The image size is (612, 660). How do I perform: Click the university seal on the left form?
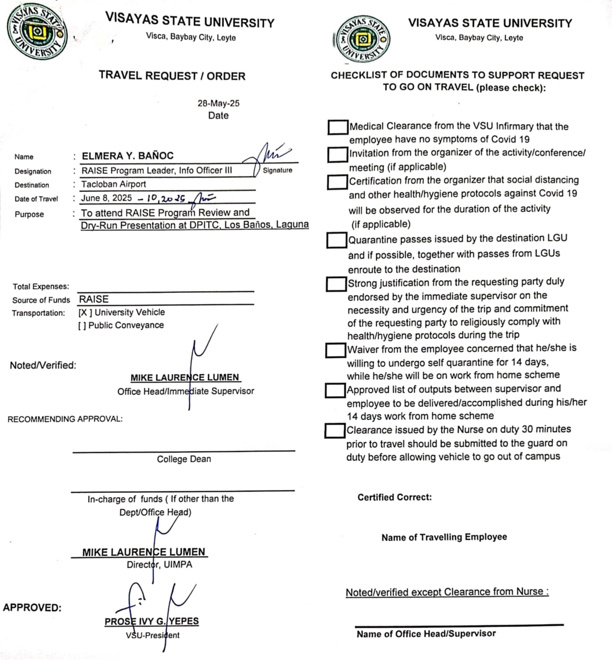(37, 32)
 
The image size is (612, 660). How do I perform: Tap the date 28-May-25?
(218, 103)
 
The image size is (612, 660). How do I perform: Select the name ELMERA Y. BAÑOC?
(127, 156)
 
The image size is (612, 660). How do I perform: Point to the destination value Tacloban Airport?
(114, 184)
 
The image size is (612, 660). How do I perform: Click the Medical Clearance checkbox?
(338, 127)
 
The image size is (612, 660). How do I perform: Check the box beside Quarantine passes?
(336, 240)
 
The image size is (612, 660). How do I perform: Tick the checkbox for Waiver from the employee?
(335, 350)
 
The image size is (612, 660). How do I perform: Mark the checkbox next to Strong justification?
(336, 284)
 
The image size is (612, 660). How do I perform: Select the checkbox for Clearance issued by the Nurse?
(335, 431)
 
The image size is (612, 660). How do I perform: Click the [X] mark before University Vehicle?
(85, 313)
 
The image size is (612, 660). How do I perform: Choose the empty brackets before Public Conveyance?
(82, 326)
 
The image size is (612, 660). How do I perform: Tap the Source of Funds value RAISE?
(94, 299)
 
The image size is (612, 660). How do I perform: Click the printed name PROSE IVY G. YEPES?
(152, 621)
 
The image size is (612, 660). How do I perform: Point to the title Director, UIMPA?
(159, 564)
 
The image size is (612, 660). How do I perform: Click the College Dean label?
(184, 459)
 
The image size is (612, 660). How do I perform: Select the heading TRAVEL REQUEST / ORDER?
(172, 76)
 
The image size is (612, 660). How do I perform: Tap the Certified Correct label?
(394, 497)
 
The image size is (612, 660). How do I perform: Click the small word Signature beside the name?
(278, 170)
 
